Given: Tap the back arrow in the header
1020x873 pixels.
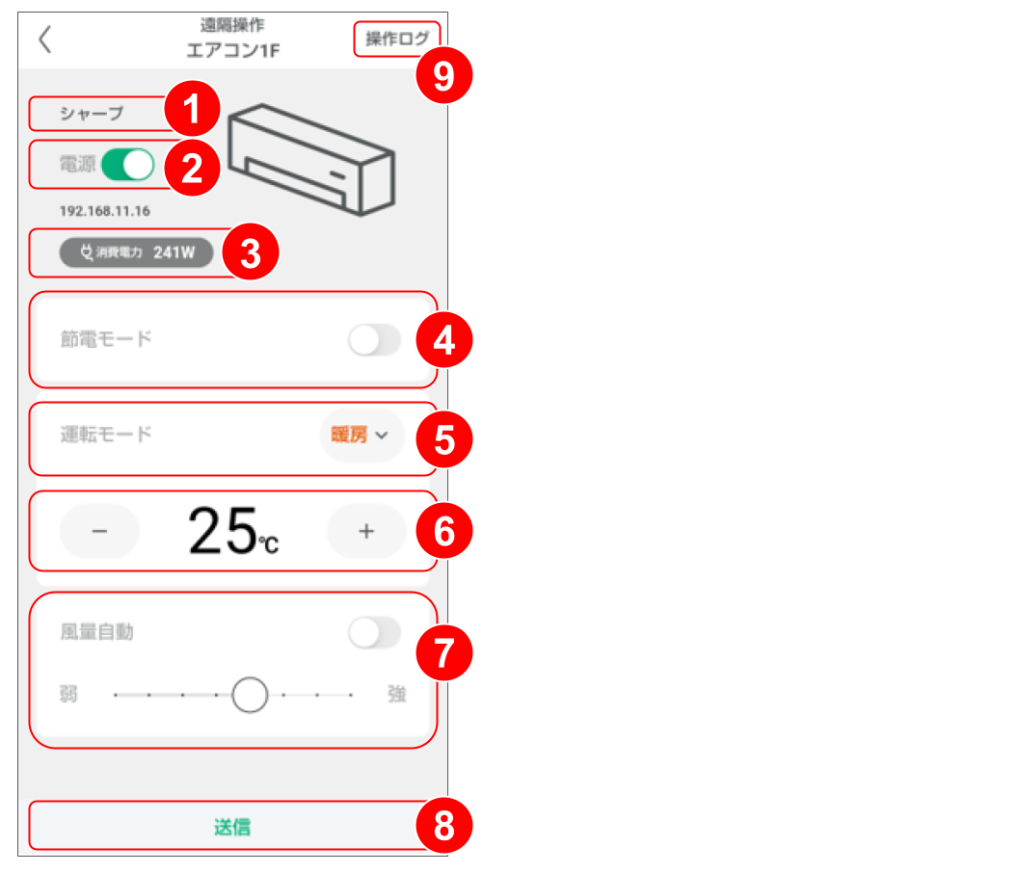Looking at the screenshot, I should coord(44,40).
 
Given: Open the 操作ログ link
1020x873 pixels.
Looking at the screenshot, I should coord(396,40).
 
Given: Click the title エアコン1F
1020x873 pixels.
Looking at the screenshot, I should coord(232,50).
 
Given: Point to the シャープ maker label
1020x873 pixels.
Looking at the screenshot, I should coord(92,114).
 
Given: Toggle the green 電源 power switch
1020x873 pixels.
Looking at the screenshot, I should coord(128,165).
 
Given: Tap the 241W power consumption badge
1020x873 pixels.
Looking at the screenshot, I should coord(135,253).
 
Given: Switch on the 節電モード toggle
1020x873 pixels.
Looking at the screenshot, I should coord(374,340).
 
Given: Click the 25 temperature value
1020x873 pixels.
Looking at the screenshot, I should coord(222,531).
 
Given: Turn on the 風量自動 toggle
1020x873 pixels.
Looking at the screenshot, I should coord(374,633).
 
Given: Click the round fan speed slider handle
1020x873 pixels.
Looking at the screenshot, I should coord(250,694).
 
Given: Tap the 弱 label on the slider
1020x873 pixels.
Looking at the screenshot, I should coord(68,695).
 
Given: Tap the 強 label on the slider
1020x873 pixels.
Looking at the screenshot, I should coord(396,695).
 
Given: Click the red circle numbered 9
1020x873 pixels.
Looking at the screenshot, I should coord(443,75).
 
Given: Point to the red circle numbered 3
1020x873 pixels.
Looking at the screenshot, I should coord(251,253).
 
